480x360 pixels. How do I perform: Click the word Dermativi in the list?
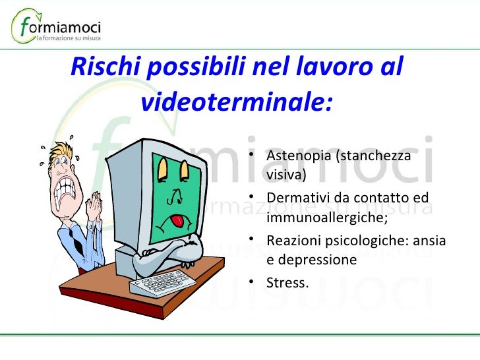297,198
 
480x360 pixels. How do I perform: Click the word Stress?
287,283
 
